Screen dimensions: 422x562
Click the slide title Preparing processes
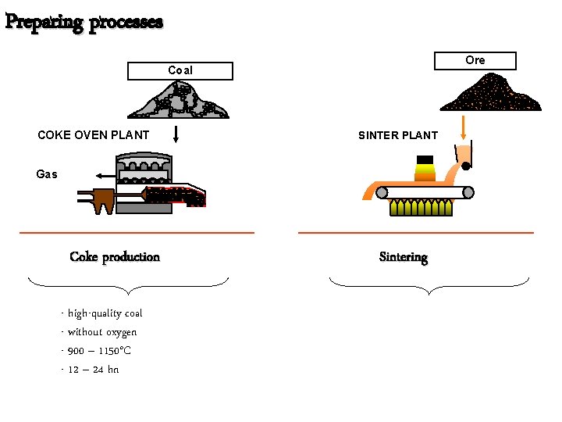click(x=84, y=21)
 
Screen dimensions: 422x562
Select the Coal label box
click(x=180, y=71)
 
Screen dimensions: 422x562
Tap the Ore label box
click(x=475, y=60)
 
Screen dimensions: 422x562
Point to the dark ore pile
click(x=491, y=94)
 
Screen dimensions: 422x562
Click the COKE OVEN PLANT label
click(x=93, y=134)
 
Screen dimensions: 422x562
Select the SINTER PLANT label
click(x=398, y=135)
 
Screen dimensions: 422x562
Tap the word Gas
click(x=47, y=174)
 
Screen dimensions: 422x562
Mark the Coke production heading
click(x=115, y=257)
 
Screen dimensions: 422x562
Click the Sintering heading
click(x=403, y=257)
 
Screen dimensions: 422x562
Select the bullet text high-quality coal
click(x=104, y=313)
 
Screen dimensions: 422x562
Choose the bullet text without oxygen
click(x=101, y=332)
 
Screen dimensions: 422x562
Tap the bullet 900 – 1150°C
click(x=98, y=351)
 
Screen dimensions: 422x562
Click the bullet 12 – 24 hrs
click(x=92, y=370)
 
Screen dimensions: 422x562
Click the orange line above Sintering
click(x=416, y=233)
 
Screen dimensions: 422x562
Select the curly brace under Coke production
click(x=128, y=285)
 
